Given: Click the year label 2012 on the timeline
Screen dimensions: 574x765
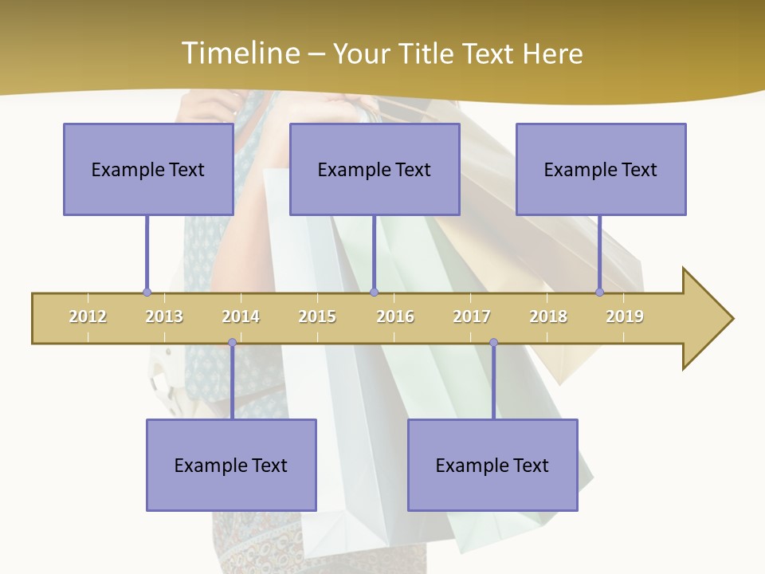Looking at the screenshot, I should pyautogui.click(x=88, y=316).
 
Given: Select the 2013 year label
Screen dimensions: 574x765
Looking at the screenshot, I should pyautogui.click(x=164, y=316).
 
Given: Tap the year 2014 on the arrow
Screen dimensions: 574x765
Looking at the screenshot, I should pyautogui.click(x=241, y=316).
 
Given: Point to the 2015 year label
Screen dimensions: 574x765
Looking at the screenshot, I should pyautogui.click(x=317, y=316).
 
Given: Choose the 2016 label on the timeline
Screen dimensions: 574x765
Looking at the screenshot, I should pyautogui.click(x=395, y=316).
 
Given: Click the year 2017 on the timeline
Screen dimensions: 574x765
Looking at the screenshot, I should pyautogui.click(x=472, y=316).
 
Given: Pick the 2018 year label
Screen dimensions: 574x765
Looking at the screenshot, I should pyautogui.click(x=548, y=316).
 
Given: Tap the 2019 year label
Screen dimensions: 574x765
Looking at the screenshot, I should pyautogui.click(x=625, y=316).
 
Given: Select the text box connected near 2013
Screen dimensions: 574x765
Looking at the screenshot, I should pyautogui.click(x=148, y=169).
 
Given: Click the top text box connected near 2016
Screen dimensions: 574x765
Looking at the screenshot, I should pyautogui.click(x=375, y=169).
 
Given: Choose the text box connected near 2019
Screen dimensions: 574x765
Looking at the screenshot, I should pyautogui.click(x=601, y=169).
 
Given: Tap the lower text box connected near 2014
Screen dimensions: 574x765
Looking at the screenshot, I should pyautogui.click(x=231, y=465).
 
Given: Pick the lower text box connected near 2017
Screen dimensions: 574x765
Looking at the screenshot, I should pyautogui.click(x=492, y=465).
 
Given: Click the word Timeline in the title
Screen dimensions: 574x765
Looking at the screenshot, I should pyautogui.click(x=238, y=53).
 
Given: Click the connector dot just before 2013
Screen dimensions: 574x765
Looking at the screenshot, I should pyautogui.click(x=147, y=293).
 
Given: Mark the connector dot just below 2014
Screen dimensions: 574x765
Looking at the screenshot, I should pyautogui.click(x=232, y=343).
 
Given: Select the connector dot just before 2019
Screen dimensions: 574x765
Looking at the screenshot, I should pyautogui.click(x=600, y=293).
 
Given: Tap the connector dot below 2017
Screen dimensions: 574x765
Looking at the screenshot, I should pyautogui.click(x=493, y=343).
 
